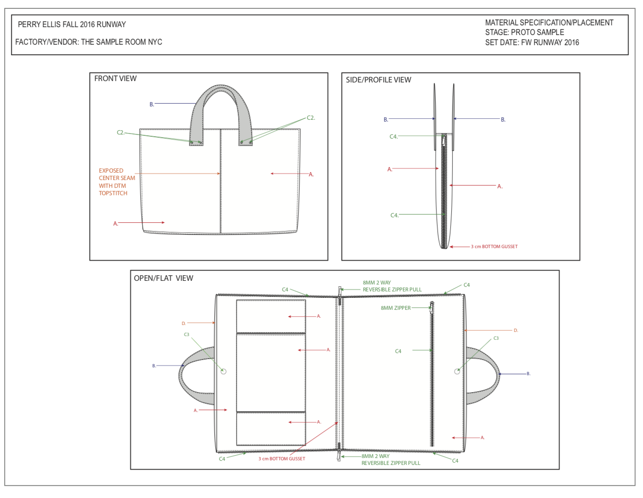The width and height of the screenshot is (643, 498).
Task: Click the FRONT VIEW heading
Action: click(115, 78)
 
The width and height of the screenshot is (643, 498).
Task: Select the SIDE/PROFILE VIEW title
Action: click(379, 80)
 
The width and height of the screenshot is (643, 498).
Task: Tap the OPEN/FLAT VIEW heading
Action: click(163, 278)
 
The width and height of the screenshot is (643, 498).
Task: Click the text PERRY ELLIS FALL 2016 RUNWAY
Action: click(72, 24)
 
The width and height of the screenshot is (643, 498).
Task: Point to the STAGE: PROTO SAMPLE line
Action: click(524, 32)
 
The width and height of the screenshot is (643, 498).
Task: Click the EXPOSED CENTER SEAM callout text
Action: click(117, 182)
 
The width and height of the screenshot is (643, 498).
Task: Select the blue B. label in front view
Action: click(152, 104)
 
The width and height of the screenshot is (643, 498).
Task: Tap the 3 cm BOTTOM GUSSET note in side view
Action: click(494, 246)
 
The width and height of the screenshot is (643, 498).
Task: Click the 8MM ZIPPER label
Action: click(396, 308)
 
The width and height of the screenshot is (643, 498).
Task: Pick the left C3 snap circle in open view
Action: click(224, 371)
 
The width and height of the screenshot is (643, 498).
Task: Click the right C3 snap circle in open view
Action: click(457, 371)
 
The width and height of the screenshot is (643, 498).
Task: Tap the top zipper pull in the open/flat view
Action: click(340, 292)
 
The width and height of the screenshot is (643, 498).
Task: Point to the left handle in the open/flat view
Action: click(181, 376)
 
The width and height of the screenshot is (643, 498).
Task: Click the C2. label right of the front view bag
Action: click(311, 117)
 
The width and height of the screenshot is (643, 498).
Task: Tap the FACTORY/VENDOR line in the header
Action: click(89, 42)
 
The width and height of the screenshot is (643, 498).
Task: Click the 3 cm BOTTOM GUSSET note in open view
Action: click(281, 458)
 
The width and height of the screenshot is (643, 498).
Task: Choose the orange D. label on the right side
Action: click(516, 330)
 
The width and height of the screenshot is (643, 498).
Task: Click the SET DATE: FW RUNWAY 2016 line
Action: click(532, 42)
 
